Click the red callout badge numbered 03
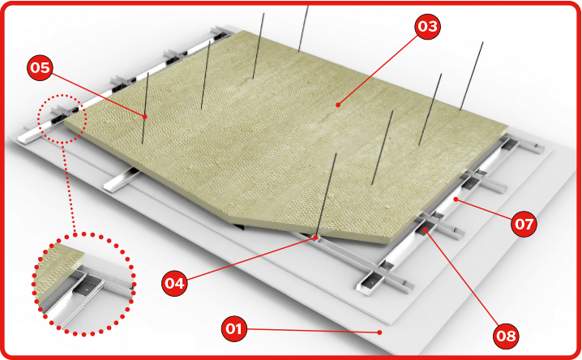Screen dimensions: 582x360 (428, 26)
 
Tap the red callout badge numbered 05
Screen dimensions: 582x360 (40, 68)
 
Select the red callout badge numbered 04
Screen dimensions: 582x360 (174, 284)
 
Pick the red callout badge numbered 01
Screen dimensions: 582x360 (233, 328)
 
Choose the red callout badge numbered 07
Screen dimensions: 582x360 (524, 224)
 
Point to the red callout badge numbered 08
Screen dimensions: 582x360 (506, 336)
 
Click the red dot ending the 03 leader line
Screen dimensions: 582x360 (338, 105)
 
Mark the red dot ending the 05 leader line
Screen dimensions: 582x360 (145, 117)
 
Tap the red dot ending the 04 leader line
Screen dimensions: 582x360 (315, 237)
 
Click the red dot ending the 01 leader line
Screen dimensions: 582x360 (379, 332)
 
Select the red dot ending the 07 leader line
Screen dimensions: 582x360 (456, 199)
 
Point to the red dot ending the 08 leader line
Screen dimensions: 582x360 (426, 229)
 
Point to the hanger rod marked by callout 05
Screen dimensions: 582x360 (145, 109)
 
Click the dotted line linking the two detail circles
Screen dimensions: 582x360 (70, 189)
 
